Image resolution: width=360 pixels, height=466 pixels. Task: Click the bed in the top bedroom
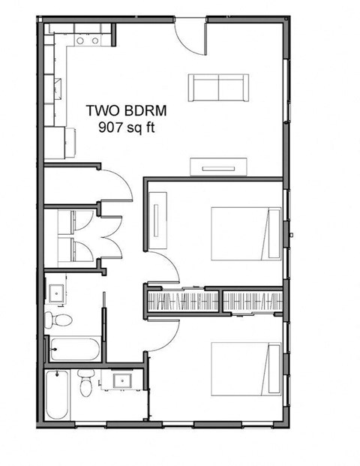point(244,233)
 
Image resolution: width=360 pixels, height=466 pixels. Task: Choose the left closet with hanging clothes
point(183,302)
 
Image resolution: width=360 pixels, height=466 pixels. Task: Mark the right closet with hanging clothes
point(252,302)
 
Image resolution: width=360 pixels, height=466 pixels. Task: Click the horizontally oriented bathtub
point(73,348)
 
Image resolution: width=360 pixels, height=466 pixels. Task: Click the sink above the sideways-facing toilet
point(57,290)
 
